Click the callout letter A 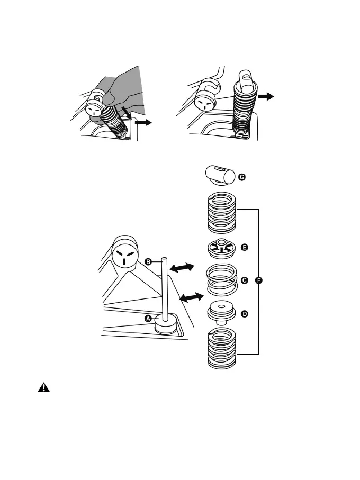click(148, 318)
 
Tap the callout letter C click(244, 280)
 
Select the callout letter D click(244, 314)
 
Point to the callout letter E click(244, 247)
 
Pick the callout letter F click(259, 280)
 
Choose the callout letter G click(242, 178)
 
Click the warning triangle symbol click(43, 387)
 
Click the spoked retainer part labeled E click(221, 248)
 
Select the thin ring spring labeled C click(221, 279)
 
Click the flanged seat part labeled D click(221, 312)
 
